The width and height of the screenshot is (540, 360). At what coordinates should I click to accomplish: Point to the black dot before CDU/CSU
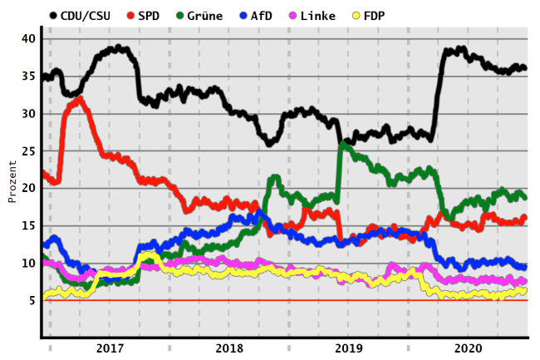coord(55,14)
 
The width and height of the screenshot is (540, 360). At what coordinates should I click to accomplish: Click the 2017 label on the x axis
coord(110,348)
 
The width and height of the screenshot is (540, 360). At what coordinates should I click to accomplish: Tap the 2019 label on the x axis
coord(348,348)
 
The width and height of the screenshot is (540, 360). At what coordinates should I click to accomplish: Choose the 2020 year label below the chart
coord(468,348)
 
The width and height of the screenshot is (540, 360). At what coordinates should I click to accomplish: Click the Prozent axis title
coord(12,182)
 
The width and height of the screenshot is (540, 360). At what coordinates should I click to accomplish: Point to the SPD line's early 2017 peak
coord(79,100)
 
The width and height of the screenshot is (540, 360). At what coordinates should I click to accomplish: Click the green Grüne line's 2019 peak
coord(342,145)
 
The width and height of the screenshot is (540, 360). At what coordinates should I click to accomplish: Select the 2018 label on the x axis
coord(229,348)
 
